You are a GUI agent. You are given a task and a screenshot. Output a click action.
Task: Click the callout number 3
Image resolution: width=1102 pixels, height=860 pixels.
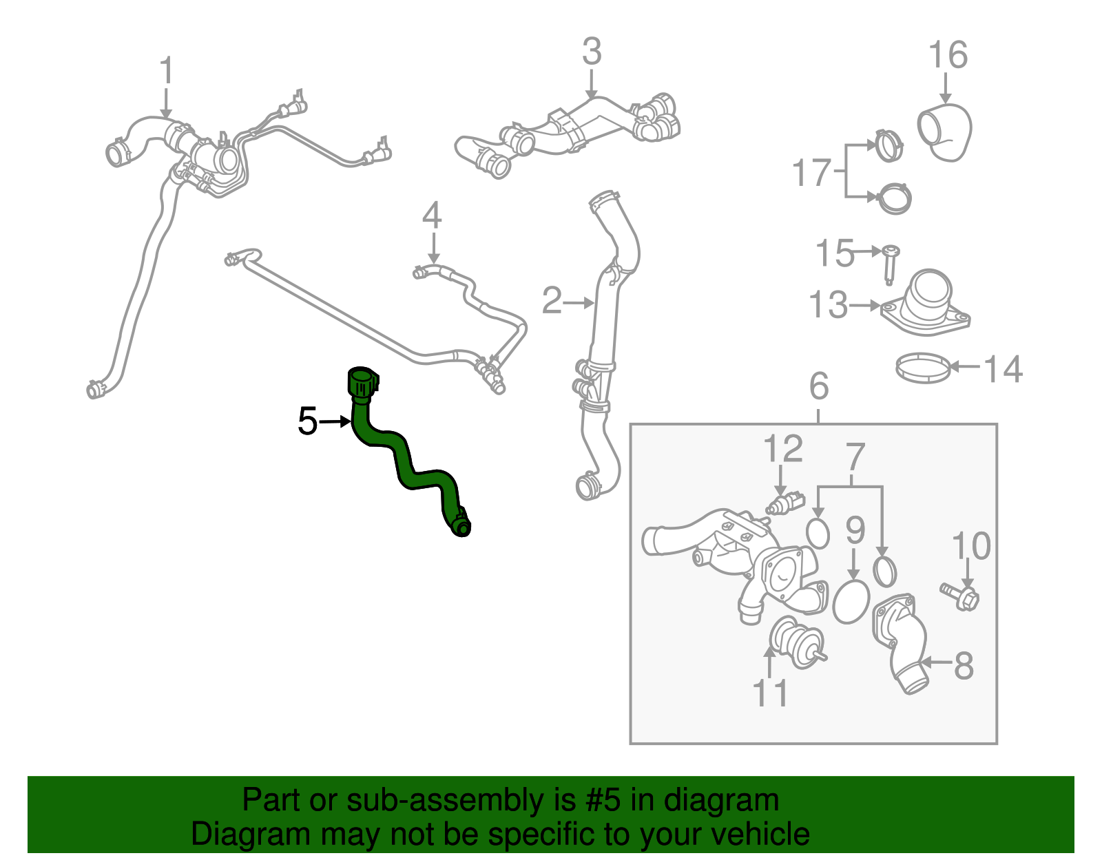[592, 51]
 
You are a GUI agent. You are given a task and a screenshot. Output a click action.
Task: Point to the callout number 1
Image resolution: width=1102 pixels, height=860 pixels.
[167, 70]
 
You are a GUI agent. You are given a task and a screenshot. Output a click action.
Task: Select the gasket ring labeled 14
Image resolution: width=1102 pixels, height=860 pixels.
[923, 368]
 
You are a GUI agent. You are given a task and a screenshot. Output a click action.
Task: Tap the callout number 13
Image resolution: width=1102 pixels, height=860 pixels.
[828, 304]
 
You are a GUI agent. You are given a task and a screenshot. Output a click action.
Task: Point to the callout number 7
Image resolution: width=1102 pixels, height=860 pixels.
[855, 457]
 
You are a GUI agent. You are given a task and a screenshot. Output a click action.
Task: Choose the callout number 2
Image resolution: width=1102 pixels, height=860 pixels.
[552, 300]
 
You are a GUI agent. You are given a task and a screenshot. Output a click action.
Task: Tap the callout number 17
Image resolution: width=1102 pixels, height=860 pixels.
[812, 172]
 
